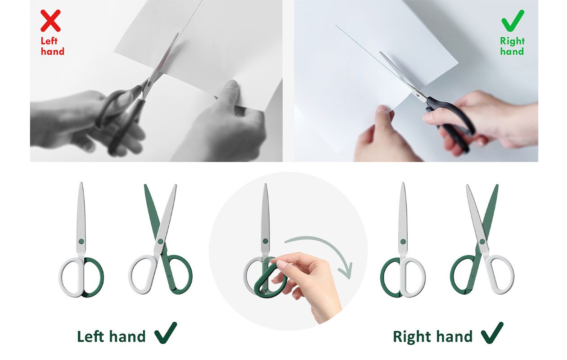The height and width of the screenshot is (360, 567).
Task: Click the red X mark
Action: point(50,21)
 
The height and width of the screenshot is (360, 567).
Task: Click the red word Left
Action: point(49,41)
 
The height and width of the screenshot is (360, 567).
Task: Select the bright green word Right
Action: point(512,41)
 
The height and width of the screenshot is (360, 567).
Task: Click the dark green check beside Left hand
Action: point(166,333)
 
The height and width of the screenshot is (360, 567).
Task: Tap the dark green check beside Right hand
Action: point(492,333)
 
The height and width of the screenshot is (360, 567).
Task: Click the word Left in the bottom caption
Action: point(90,337)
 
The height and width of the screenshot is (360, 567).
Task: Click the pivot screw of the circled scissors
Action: point(265,241)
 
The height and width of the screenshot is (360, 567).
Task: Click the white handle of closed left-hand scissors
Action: point(72,277)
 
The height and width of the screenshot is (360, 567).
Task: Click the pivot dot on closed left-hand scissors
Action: point(81,241)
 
